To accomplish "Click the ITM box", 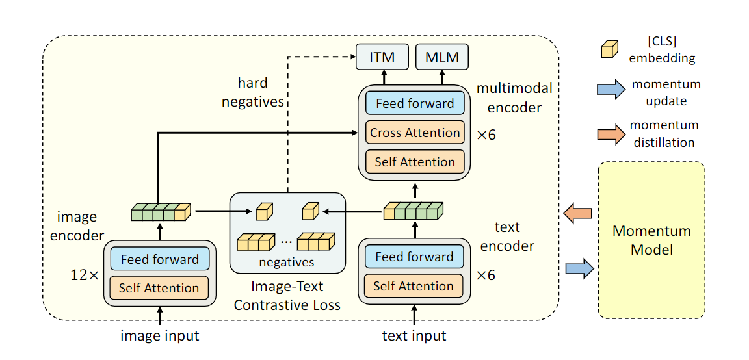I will pyautogui.click(x=382, y=57).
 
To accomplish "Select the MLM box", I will pyautogui.click(x=442, y=57).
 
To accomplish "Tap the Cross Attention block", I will pyautogui.click(x=415, y=133).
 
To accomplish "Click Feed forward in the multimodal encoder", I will pyautogui.click(x=415, y=103).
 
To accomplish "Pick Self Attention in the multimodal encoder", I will pyautogui.click(x=415, y=162).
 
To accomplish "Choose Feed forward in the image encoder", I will pyautogui.click(x=159, y=259).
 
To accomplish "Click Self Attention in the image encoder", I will pyautogui.click(x=159, y=288).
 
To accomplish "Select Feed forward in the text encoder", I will pyautogui.click(x=414, y=257).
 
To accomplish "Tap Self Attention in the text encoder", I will pyautogui.click(x=414, y=286).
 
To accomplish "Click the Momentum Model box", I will pyautogui.click(x=651, y=240).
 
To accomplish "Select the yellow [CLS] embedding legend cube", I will pyautogui.click(x=609, y=49).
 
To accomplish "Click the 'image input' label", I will pyautogui.click(x=159, y=336).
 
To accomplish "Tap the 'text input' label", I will pyautogui.click(x=414, y=336).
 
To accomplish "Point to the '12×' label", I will pyautogui.click(x=84, y=275).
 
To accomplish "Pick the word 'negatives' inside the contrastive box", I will pyautogui.click(x=287, y=263).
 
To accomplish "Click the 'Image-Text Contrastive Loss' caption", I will pyautogui.click(x=287, y=296).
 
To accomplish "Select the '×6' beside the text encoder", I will pyautogui.click(x=486, y=275).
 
